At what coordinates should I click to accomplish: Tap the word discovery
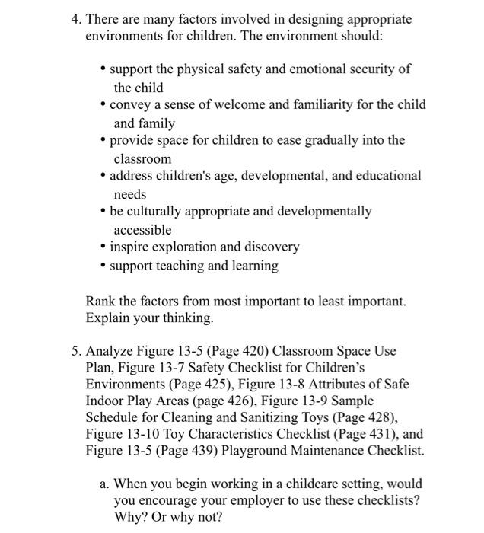pos(271,247)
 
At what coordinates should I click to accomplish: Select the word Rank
pos(100,302)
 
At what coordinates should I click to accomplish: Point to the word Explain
pos(107,318)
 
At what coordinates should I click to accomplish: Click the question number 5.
pos(75,352)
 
